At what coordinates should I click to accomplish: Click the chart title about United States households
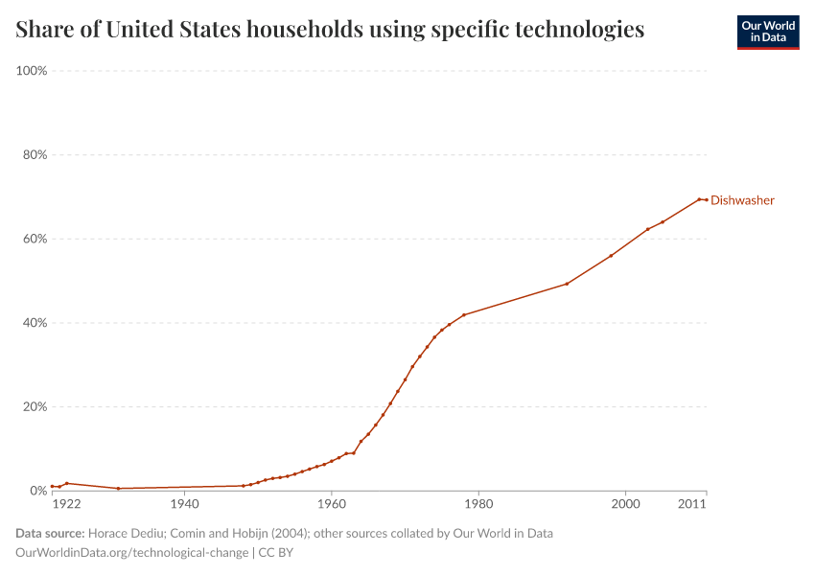coord(330,30)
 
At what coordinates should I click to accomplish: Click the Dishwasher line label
coord(742,200)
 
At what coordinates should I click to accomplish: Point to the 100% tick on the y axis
coord(33,71)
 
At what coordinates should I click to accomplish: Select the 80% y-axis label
coord(35,154)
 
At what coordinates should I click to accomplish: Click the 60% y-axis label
coord(35,239)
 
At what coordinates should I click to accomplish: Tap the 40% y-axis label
coord(35,323)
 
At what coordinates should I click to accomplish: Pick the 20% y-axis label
coord(35,406)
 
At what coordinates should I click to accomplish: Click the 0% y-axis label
coord(38,491)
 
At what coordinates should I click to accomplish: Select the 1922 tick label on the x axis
coord(66,504)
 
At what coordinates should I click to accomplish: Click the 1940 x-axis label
coord(184,504)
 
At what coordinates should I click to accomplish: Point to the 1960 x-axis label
coord(331,504)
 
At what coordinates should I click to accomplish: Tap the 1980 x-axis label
coord(477,504)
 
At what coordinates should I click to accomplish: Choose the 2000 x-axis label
coord(625,504)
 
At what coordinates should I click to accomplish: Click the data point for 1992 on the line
coord(567,284)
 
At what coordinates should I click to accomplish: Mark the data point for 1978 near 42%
coord(464,314)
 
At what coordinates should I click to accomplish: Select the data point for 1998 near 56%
coord(611,256)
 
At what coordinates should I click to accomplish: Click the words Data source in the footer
coord(50,533)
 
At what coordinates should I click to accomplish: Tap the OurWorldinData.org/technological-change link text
coord(131,553)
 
